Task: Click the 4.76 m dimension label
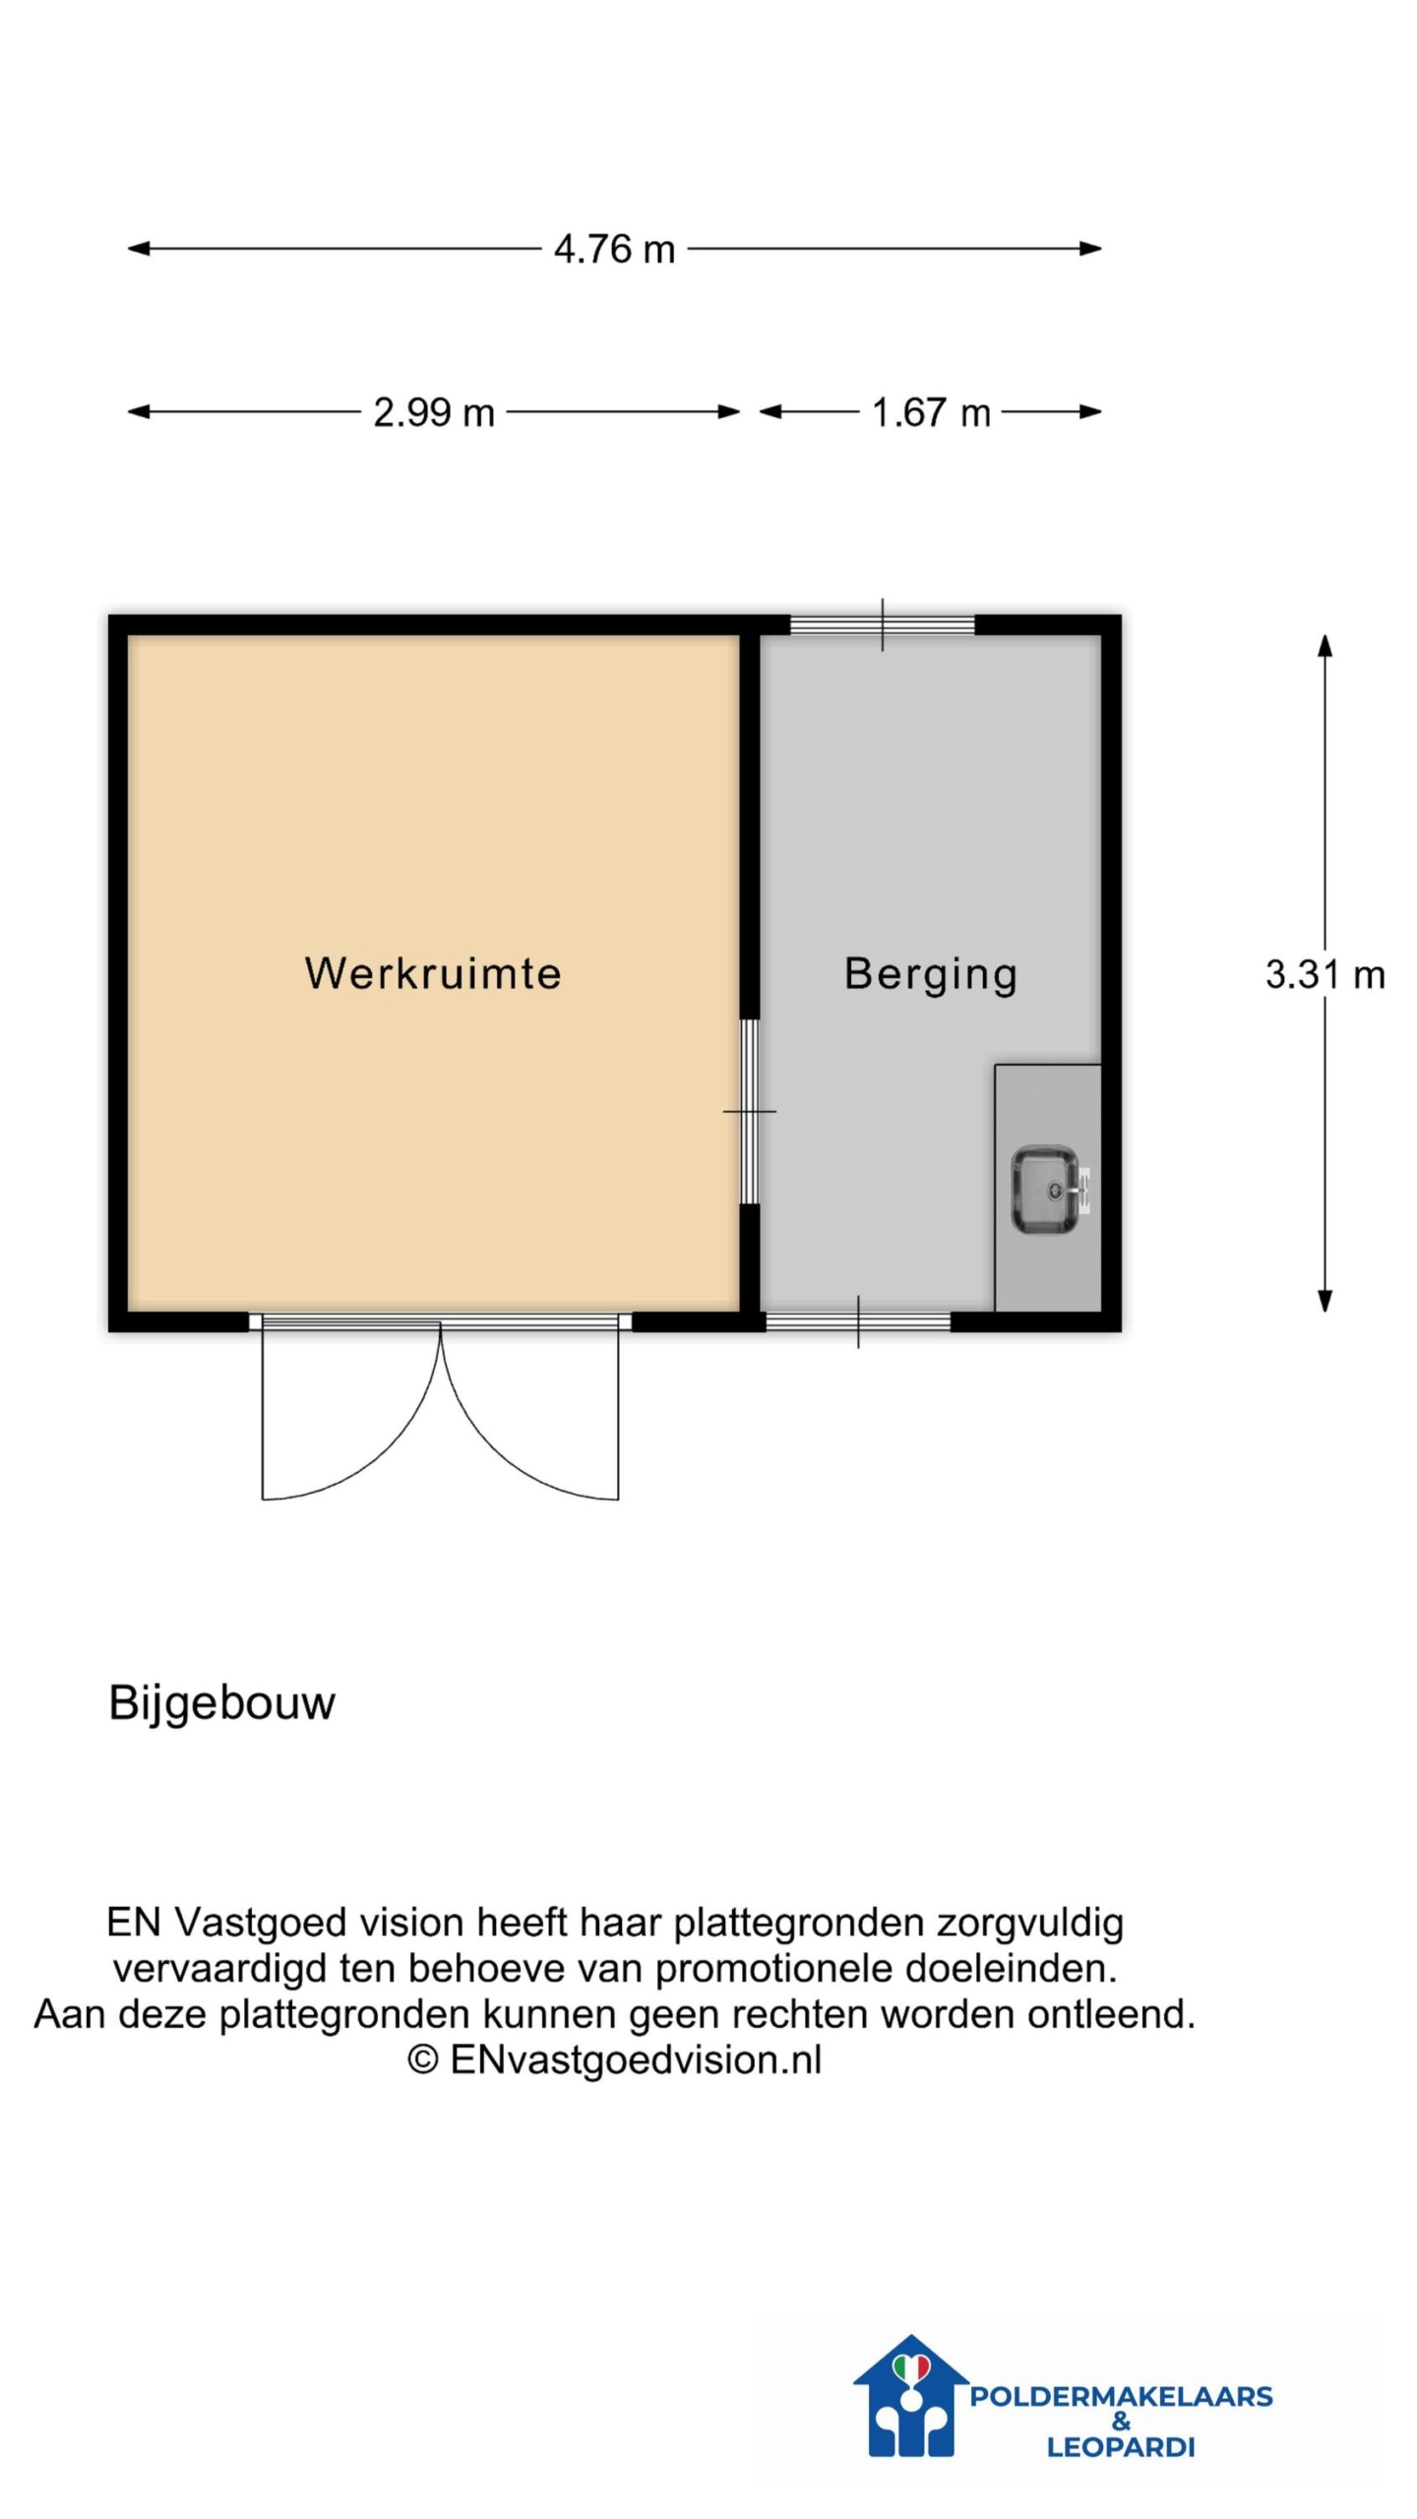click(x=614, y=249)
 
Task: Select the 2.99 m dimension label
click(x=434, y=412)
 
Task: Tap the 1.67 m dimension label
click(x=931, y=412)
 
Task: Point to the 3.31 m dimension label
click(x=1325, y=974)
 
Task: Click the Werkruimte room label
click(x=433, y=973)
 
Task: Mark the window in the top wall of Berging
click(x=883, y=625)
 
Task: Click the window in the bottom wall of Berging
click(x=858, y=1321)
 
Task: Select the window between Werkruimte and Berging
click(x=750, y=1111)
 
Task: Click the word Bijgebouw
click(x=221, y=1704)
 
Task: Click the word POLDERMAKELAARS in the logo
click(x=1121, y=2396)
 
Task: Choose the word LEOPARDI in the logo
click(x=1121, y=2446)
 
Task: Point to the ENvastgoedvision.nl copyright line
click(x=614, y=2059)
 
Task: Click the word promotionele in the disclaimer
click(x=774, y=1969)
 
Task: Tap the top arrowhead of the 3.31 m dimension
click(x=1325, y=645)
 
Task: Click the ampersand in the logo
click(x=1121, y=2422)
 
